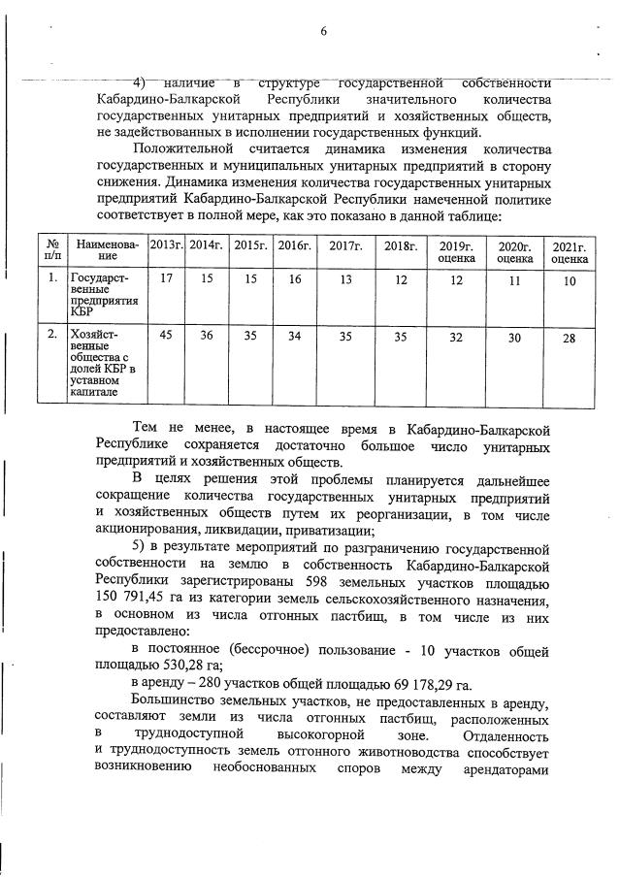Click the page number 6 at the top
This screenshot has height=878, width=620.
[x=323, y=31]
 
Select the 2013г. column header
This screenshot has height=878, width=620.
[x=166, y=245]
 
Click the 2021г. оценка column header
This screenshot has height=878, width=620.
[x=570, y=252]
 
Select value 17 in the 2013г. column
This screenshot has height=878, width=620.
[x=166, y=279]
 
